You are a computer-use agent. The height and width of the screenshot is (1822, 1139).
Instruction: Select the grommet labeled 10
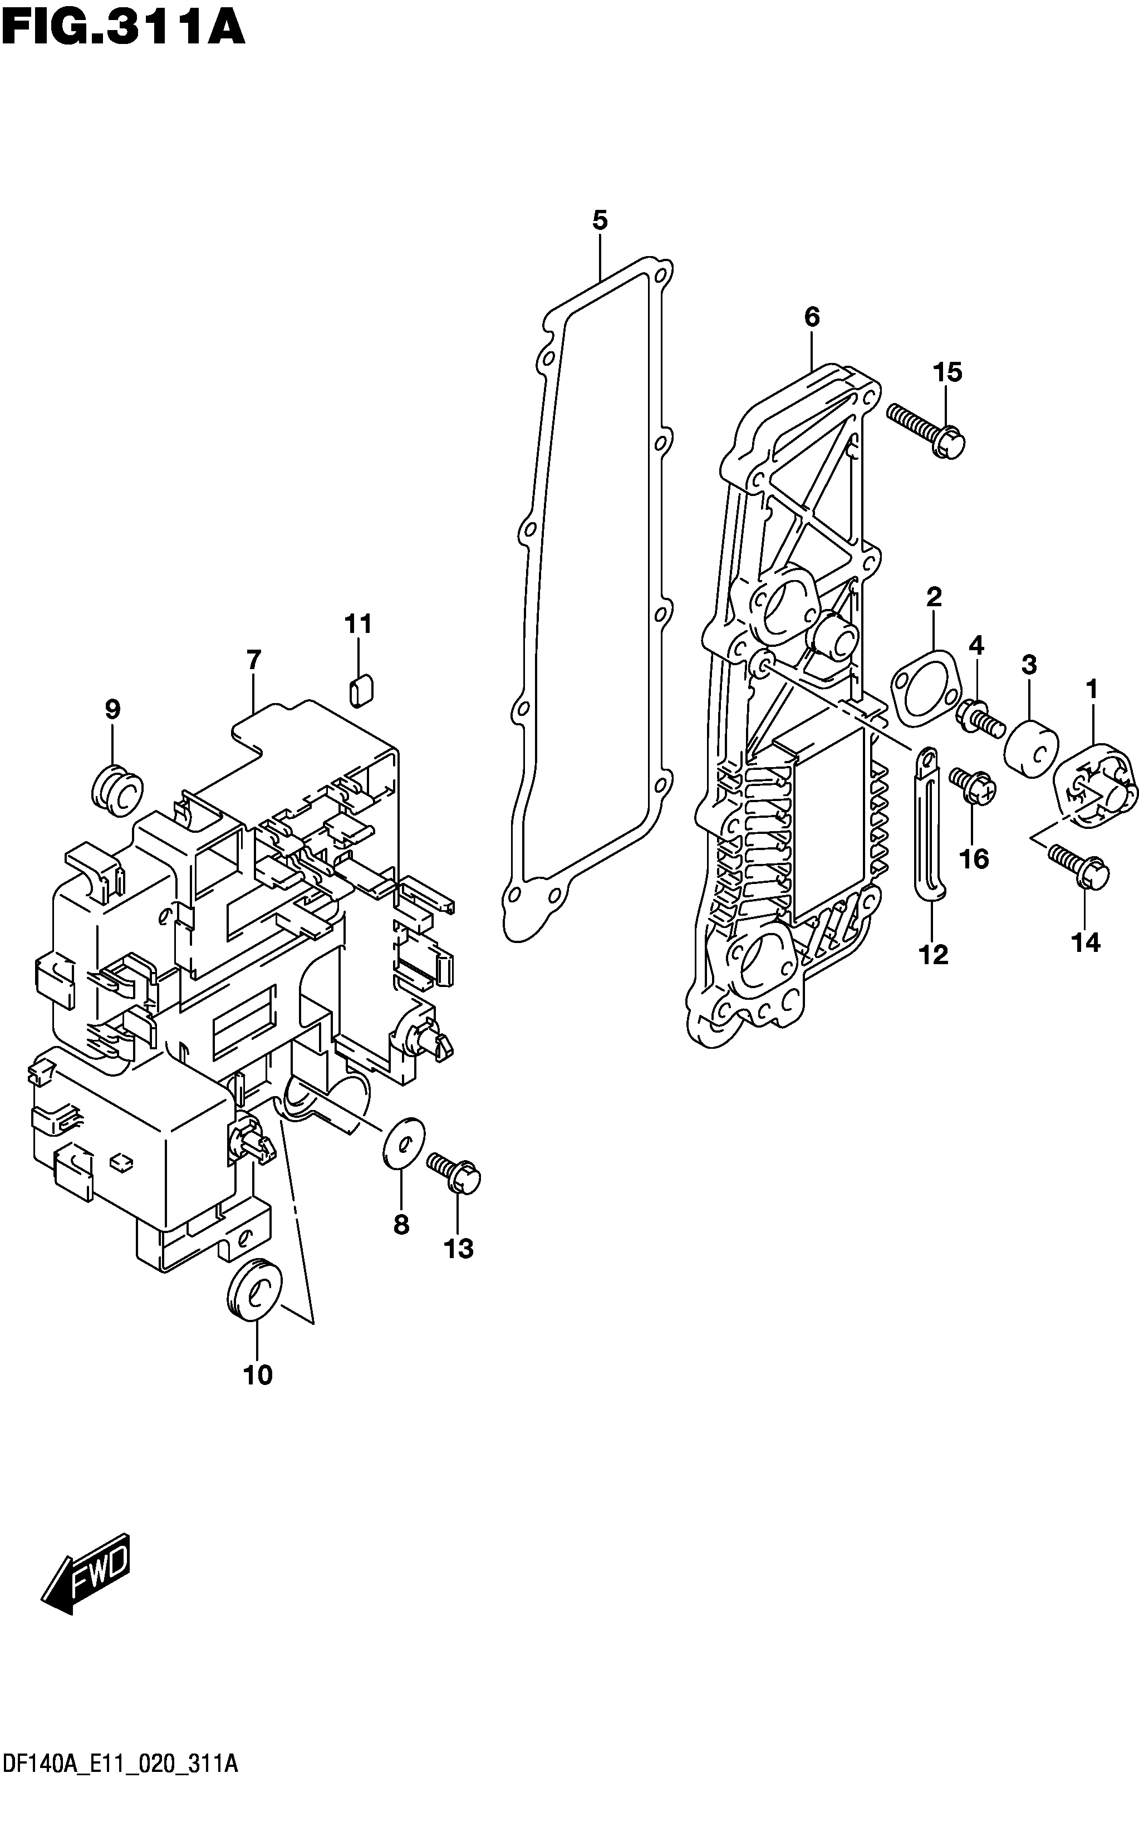(x=254, y=1289)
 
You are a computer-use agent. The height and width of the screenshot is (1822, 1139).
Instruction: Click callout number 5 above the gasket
(x=600, y=220)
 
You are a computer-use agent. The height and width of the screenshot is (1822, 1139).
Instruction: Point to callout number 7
(x=254, y=660)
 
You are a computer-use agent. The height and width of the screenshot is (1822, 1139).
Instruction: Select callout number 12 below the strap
(x=934, y=955)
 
